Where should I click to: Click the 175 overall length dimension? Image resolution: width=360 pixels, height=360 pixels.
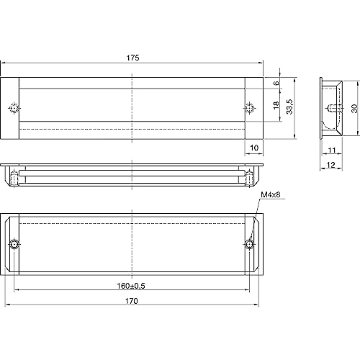tap(132, 58)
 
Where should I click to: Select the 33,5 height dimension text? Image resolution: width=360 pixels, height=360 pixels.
tap(289, 107)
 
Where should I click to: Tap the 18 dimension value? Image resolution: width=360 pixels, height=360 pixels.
tap(276, 105)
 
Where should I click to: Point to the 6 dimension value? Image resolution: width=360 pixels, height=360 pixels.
tap(276, 83)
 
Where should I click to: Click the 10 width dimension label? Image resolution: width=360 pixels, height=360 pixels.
tap(254, 148)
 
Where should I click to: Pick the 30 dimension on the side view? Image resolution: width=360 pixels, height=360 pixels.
tap(354, 109)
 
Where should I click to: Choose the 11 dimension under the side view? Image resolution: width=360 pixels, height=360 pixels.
tap(332, 150)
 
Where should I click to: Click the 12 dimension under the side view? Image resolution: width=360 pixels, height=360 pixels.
tap(330, 165)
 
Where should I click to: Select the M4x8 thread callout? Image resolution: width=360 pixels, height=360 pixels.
tap(271, 194)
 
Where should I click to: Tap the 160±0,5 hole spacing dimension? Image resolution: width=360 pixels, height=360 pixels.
tap(131, 286)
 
